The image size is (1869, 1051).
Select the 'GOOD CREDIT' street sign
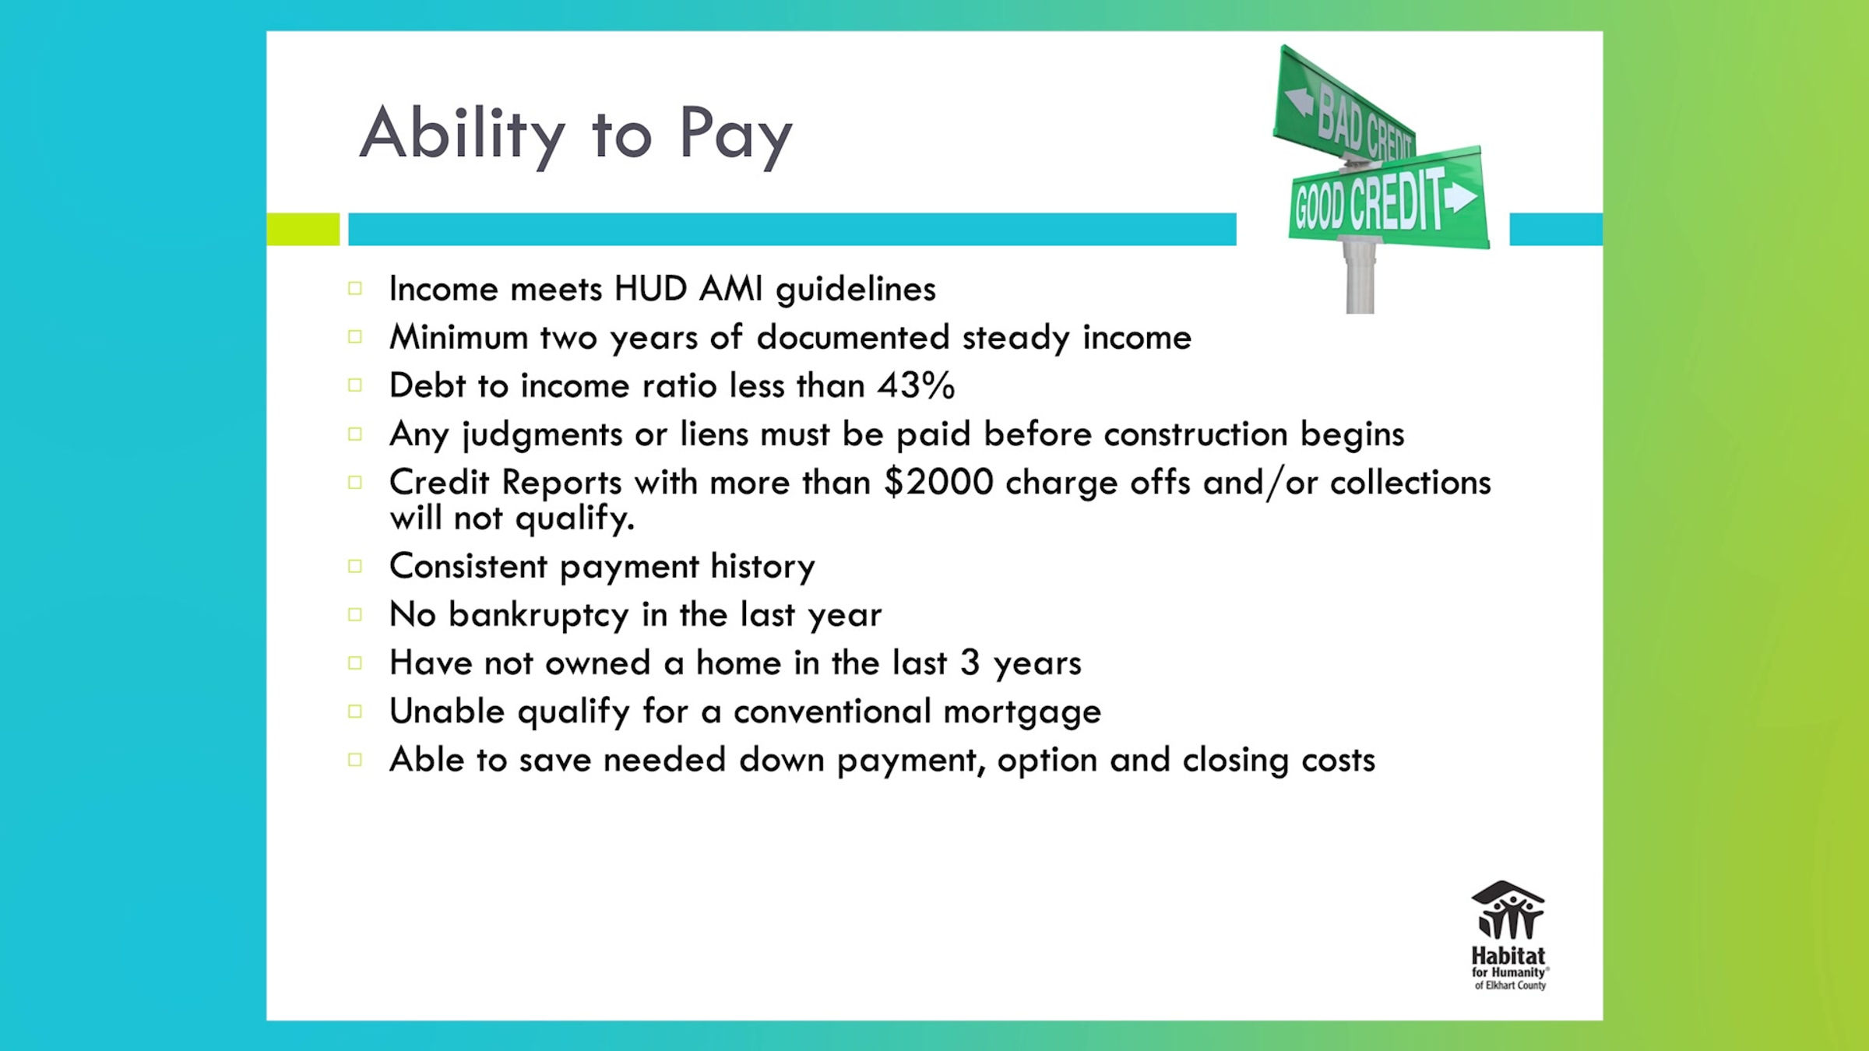[1386, 202]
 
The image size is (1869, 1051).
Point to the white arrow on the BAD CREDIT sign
[1298, 101]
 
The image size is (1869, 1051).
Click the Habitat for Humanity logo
[1508, 935]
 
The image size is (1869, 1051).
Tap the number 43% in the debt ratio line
[916, 385]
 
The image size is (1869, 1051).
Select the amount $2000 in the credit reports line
[938, 482]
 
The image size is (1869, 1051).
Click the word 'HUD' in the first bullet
[650, 289]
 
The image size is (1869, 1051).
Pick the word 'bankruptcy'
[538, 615]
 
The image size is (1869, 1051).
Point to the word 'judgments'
[542, 434]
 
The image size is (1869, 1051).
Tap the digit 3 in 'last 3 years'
[970, 663]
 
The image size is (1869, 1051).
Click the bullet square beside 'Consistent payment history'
[355, 566]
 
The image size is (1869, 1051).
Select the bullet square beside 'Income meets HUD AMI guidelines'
[355, 289]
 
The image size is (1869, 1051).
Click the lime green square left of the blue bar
[303, 229]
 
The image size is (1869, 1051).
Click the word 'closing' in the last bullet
[1235, 761]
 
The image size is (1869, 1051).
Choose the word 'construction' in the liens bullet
[1195, 434]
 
